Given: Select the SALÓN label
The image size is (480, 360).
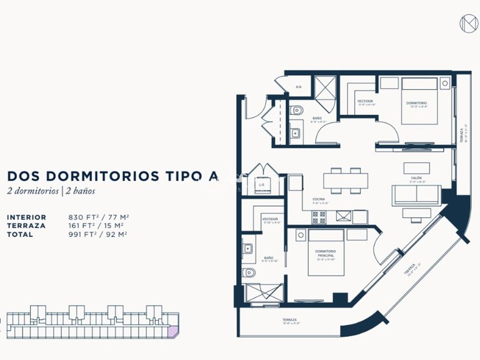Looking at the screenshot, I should tap(416, 178).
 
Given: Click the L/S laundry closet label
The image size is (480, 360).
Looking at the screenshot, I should tap(262, 186).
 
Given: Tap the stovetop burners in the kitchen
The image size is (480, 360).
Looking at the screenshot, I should tap(319, 217).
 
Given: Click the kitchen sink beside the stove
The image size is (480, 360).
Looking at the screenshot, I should tap(343, 217).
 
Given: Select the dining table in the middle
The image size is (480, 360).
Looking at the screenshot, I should tap(341, 180).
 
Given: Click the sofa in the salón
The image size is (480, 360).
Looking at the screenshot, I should tap(416, 196).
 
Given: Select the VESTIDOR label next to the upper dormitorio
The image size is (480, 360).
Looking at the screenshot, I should tap(365, 101).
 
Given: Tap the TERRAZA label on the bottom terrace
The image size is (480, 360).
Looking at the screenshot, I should tap(291, 320).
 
